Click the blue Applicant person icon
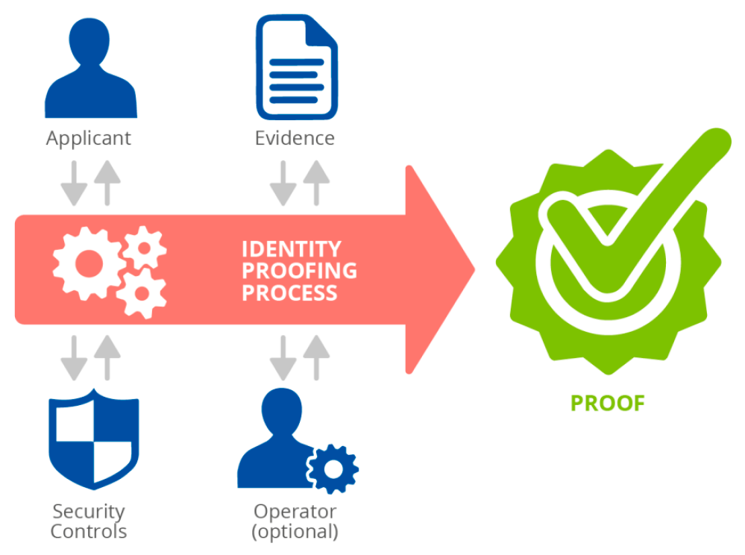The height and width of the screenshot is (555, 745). click(x=91, y=71)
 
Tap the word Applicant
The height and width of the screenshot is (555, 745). click(x=88, y=139)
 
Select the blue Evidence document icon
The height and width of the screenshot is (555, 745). click(x=296, y=68)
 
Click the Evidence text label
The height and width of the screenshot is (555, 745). click(x=295, y=139)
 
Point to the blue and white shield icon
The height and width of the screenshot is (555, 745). click(x=93, y=441)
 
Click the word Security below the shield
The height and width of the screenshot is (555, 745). click(x=88, y=512)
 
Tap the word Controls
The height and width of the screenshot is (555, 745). click(x=88, y=532)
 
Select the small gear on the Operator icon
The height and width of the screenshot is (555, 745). click(x=333, y=468)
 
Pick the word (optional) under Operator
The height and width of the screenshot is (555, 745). click(x=295, y=532)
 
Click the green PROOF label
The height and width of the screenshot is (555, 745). click(x=607, y=404)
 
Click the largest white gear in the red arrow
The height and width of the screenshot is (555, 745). click(x=88, y=263)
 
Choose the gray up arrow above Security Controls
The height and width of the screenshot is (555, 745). click(x=108, y=357)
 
